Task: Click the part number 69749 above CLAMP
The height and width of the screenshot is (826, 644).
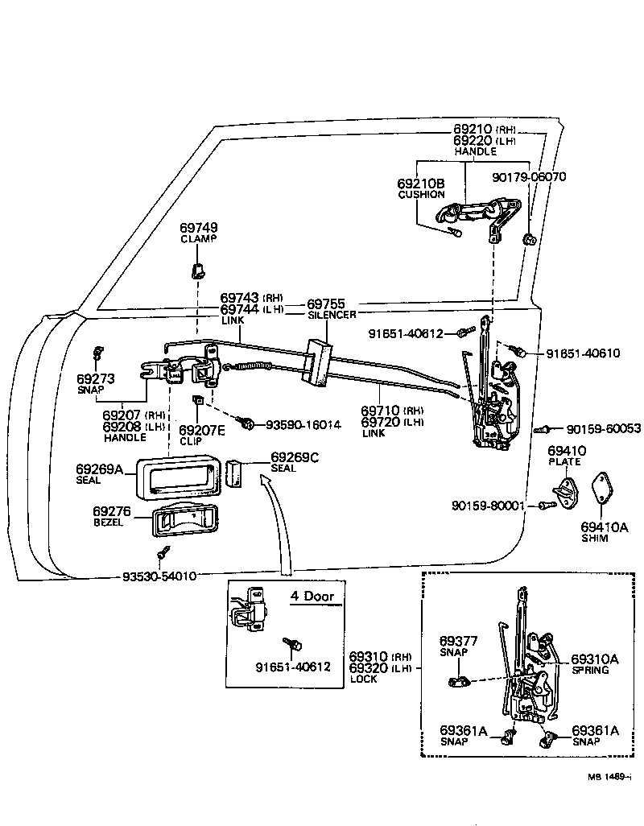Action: point(198,228)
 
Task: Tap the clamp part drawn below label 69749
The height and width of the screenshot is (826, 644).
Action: point(196,268)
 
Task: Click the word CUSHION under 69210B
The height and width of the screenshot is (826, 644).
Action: point(421,195)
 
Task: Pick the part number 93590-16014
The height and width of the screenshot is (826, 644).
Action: point(303,424)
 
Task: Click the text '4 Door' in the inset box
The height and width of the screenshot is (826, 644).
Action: point(312,597)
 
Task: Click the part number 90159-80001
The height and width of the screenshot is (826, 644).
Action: point(488,506)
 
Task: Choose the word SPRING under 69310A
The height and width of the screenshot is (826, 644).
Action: point(590,670)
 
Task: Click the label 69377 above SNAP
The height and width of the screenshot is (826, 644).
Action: point(459,641)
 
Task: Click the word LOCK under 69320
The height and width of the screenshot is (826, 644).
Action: point(364,679)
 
